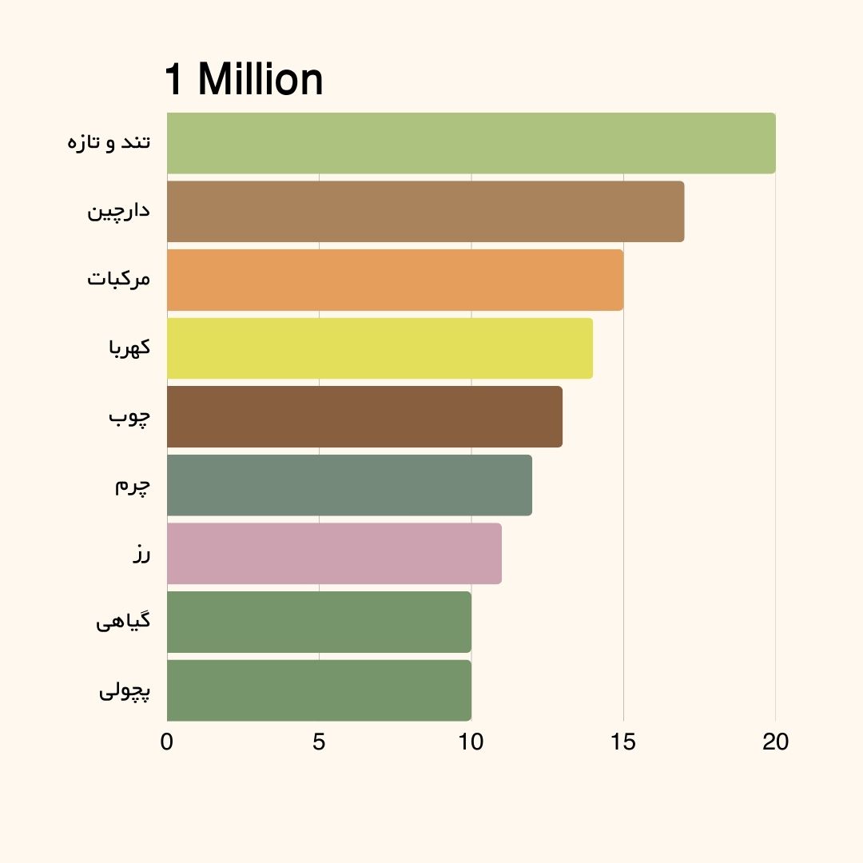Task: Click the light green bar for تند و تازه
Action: pos(471,143)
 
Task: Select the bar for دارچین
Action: pos(425,212)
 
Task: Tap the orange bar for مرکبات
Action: pos(395,280)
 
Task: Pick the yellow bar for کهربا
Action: pos(380,348)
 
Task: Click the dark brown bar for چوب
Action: pos(364,416)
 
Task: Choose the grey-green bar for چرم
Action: pos(349,485)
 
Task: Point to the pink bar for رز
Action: pos(334,553)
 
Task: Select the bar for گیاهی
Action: pos(319,622)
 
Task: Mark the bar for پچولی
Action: pos(319,690)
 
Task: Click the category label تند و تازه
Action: pos(109,143)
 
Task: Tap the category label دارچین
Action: pos(119,212)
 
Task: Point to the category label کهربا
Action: pos(129,348)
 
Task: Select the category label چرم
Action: pos(132,486)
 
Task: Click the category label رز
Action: pos(141,554)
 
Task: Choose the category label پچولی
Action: pos(125,690)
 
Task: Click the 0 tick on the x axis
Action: pos(166,742)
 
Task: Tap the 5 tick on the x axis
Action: pos(319,742)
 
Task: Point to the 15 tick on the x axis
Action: pos(623,742)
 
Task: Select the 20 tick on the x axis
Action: pos(775,742)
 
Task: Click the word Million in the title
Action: pos(260,80)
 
